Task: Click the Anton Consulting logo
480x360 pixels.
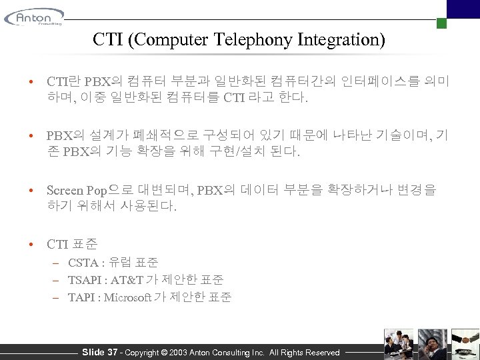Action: click(34, 17)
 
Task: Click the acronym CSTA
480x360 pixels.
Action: click(83, 263)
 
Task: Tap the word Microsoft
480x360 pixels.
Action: click(128, 297)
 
